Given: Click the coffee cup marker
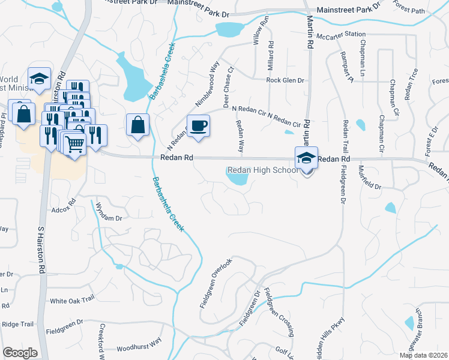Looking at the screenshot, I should pyautogui.click(x=198, y=126).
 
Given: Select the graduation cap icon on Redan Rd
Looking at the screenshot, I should pyautogui.click(x=306, y=158).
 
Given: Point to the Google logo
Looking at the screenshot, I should pyautogui.click(x=20, y=353).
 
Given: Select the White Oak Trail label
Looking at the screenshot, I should pyautogui.click(x=73, y=300).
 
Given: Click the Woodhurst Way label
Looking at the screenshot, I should pyautogui.click(x=139, y=344).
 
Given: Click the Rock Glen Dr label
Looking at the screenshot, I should pyautogui.click(x=285, y=80).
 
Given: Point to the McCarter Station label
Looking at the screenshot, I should pyautogui.click(x=341, y=35).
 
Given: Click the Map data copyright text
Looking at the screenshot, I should pyautogui.click(x=424, y=355).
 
